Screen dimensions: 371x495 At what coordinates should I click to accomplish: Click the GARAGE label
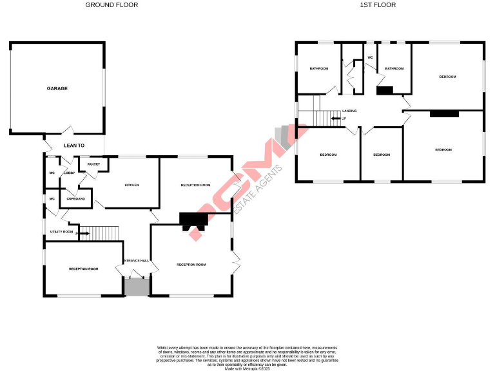(x=57, y=88)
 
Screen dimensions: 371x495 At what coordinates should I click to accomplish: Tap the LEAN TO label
(x=74, y=146)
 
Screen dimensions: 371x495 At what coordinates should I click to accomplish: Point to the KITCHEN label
(x=131, y=185)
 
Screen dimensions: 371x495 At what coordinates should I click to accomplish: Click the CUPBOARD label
(x=76, y=198)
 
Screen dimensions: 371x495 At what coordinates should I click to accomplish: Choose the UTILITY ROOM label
(x=61, y=231)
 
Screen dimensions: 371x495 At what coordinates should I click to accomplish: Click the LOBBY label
(x=69, y=173)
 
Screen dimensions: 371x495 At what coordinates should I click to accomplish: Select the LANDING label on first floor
(x=349, y=111)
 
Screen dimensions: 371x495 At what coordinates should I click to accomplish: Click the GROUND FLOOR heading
(x=112, y=5)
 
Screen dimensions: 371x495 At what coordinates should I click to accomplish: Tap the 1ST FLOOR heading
(x=378, y=5)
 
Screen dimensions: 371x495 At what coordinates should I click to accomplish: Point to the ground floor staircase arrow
(x=83, y=233)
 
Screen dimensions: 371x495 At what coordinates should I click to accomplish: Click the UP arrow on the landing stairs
(x=336, y=119)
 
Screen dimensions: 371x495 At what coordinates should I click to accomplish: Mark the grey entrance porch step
(x=137, y=287)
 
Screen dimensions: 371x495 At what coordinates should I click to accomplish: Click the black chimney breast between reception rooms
(x=194, y=221)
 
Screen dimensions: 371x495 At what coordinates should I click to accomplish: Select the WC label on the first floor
(x=370, y=58)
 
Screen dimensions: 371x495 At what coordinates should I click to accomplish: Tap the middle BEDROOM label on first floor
(x=382, y=155)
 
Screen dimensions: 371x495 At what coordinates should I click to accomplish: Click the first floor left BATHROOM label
(x=318, y=68)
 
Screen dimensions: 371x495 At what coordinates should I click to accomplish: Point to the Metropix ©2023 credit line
(x=247, y=368)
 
